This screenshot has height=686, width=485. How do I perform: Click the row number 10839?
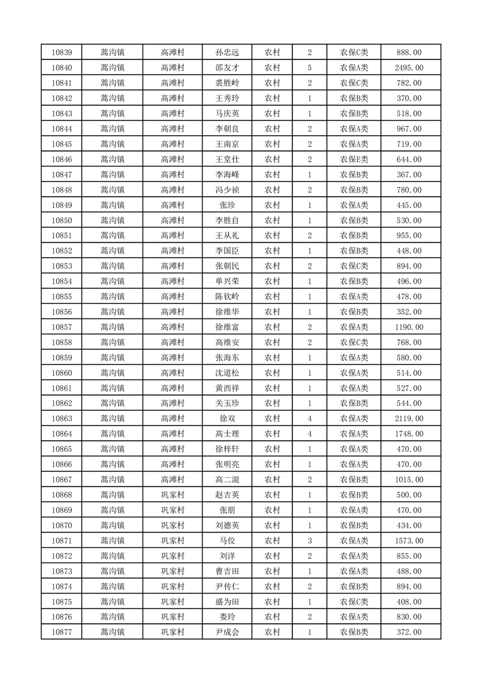click(62, 53)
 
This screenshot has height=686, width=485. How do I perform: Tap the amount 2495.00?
click(409, 68)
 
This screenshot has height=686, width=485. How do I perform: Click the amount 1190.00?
click(409, 327)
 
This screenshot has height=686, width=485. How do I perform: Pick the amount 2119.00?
click(409, 419)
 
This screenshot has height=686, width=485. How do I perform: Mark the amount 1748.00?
click(409, 434)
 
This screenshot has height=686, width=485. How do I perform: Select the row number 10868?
click(62, 495)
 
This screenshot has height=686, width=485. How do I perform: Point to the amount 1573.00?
click(409, 540)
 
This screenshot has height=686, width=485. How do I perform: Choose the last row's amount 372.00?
click(409, 632)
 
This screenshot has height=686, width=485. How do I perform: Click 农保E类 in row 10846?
click(354, 160)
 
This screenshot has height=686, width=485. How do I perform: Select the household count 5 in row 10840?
click(310, 68)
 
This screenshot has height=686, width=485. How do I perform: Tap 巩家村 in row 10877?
click(172, 632)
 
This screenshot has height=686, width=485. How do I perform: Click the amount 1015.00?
click(409, 480)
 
